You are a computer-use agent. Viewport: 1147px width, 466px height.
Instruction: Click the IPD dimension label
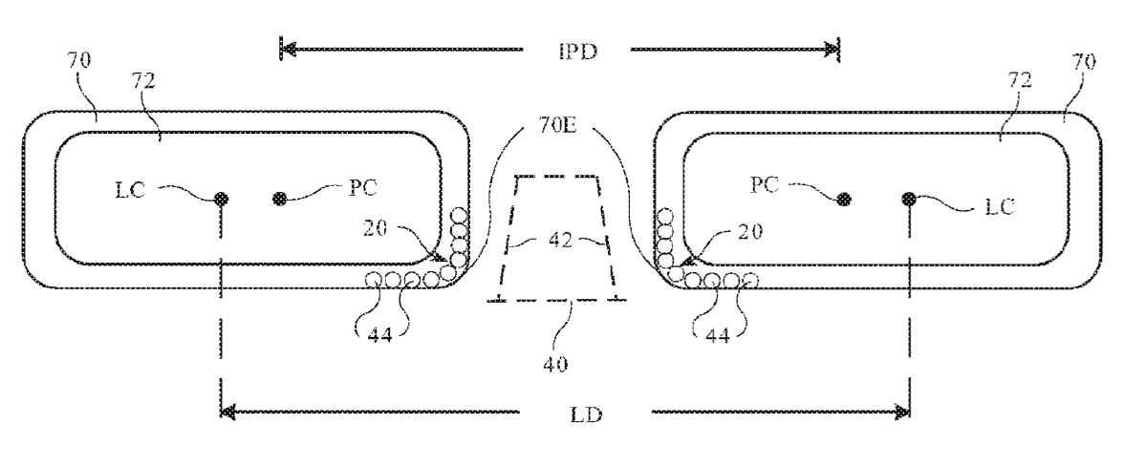[578, 51]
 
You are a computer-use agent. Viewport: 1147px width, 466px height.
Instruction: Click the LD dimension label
[585, 416]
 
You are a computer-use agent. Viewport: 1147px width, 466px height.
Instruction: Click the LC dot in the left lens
[222, 199]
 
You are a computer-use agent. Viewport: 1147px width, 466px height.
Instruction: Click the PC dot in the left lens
[280, 199]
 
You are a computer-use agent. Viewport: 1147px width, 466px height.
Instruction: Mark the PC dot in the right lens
[843, 199]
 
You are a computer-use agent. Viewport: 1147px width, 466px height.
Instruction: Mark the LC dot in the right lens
[909, 199]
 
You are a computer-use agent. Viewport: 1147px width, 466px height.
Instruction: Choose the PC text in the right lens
[762, 185]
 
